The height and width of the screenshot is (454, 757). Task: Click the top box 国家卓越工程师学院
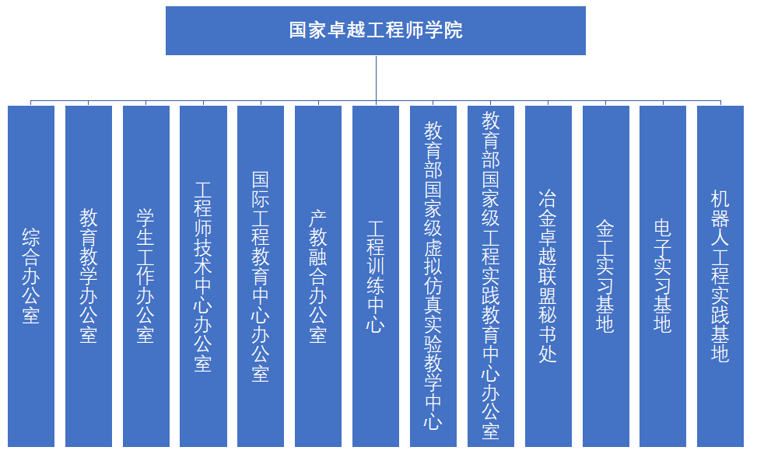[x=376, y=30]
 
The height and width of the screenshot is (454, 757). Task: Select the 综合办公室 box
[x=31, y=276]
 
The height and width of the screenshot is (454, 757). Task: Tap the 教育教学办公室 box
[x=89, y=276]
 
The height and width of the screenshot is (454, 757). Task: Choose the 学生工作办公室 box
[x=145, y=276]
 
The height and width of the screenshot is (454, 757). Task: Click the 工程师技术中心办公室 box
[x=203, y=276]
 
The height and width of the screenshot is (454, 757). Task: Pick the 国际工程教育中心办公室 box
[x=261, y=276]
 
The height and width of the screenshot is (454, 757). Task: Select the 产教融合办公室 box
[x=318, y=276]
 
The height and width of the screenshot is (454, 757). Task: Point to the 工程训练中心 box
[x=376, y=276]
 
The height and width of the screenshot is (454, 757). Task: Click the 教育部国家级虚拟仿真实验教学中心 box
[x=433, y=276]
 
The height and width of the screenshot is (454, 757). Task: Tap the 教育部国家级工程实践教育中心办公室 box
[x=490, y=276]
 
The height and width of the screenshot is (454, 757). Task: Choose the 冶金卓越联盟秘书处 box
[x=548, y=276]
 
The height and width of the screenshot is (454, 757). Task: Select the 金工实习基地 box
[x=605, y=276]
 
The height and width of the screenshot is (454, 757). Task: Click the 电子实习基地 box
[x=663, y=276]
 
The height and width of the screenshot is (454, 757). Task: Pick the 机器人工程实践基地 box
[x=720, y=276]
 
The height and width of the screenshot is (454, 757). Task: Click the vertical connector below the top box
[x=376, y=79]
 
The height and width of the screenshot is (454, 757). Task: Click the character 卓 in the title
[x=338, y=30]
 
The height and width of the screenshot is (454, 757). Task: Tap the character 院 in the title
[x=454, y=30]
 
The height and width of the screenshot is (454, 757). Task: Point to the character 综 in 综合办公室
[x=31, y=237]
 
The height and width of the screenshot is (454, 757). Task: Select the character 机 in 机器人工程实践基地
[x=720, y=198]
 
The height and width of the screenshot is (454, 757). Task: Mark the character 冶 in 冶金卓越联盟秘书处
[x=548, y=198]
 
